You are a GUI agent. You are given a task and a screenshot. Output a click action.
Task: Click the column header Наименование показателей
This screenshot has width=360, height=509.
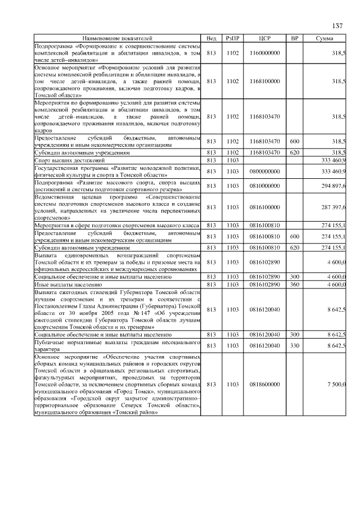tap(117, 38)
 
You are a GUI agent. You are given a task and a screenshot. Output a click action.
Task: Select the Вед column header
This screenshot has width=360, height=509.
tap(211, 38)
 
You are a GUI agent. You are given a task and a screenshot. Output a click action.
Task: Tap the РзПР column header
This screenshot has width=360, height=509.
tap(232, 38)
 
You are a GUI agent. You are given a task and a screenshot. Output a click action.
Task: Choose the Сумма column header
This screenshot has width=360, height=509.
tap(325, 38)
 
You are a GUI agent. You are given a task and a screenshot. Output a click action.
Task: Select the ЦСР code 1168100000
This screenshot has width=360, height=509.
tap(264, 81)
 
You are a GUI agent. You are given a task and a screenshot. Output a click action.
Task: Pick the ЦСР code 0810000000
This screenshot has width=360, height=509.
tap(264, 186)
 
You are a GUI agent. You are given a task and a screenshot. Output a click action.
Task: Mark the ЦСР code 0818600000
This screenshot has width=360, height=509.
tap(264, 384)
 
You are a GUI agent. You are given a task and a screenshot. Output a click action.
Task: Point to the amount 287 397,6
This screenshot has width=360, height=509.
tap(332, 208)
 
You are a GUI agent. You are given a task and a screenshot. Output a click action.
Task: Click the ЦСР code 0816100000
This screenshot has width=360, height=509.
tap(264, 208)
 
